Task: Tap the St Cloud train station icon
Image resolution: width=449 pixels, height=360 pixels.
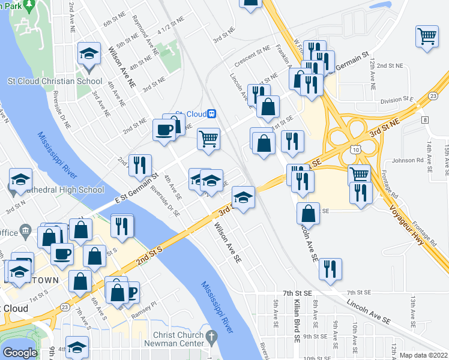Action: click(211, 114)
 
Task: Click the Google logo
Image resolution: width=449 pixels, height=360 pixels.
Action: click(20, 353)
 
